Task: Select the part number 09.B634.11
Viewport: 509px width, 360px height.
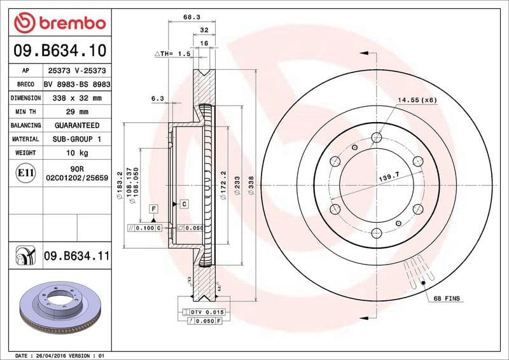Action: click(77, 256)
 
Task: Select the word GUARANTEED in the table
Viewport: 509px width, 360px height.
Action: click(76, 125)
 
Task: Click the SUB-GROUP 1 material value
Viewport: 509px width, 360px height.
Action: click(76, 139)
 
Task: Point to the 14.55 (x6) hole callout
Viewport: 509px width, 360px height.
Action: click(417, 100)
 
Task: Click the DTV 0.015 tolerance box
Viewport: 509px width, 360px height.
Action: click(207, 312)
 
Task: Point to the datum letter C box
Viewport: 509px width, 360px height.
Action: click(183, 204)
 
